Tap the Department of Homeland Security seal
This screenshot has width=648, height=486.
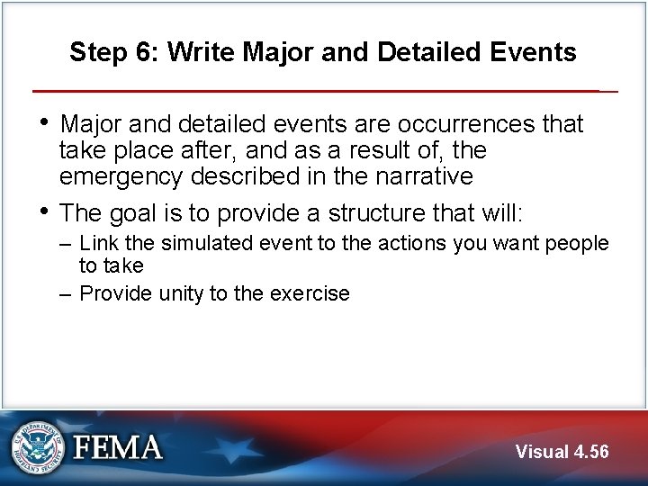pyautogui.click(x=37, y=446)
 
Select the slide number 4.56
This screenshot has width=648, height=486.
pyautogui.click(x=590, y=451)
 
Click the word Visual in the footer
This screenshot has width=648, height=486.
pyautogui.click(x=541, y=451)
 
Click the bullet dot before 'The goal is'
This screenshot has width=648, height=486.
pyautogui.click(x=46, y=211)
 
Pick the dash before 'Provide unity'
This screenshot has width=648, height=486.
pyautogui.click(x=67, y=293)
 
